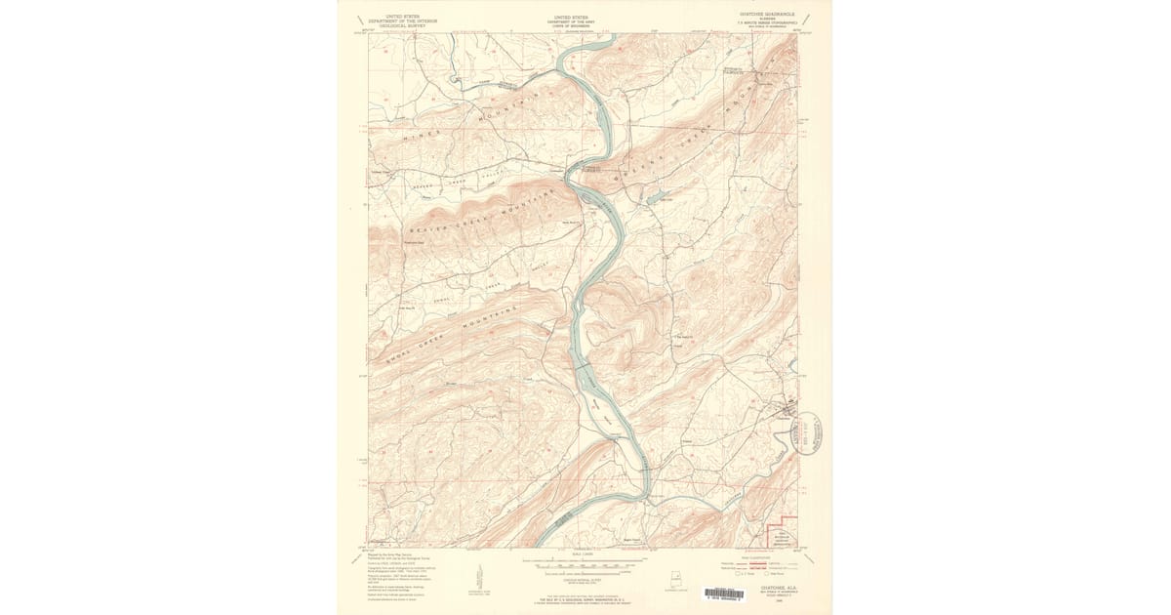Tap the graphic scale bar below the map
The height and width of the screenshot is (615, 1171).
pyautogui.click(x=585, y=564)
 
